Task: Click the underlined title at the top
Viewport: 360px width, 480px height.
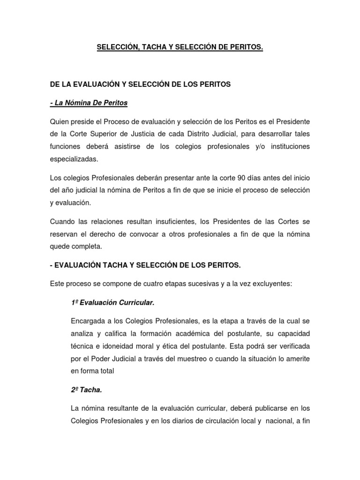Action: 180,47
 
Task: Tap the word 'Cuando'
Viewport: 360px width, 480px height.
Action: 62,221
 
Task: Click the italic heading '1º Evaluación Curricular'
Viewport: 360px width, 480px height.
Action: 112,303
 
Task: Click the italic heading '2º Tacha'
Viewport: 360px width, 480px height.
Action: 86,390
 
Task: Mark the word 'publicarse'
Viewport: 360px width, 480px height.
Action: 257,408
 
